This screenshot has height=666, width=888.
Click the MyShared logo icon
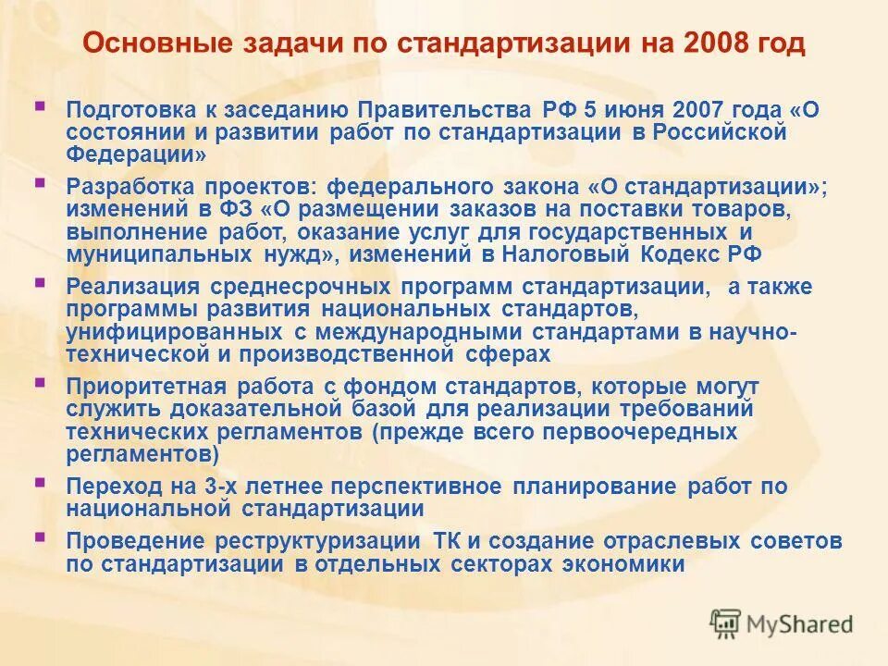click(x=725, y=624)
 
